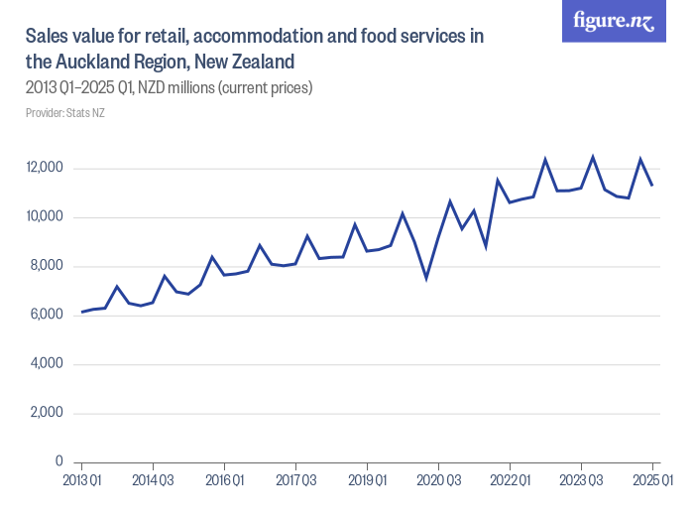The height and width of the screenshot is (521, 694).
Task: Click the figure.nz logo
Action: [614, 22]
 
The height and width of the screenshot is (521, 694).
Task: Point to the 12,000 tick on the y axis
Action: [45, 168]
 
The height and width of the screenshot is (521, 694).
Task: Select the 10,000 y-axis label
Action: [45, 217]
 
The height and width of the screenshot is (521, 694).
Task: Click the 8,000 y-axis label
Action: [47, 266]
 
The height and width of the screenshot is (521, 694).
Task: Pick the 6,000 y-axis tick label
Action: [47, 316]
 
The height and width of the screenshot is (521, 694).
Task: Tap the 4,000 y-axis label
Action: [47, 364]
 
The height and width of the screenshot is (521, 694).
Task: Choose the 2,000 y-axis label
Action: [47, 414]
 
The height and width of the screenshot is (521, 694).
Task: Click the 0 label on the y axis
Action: [58, 462]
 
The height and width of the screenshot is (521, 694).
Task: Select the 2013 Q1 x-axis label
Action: [81, 480]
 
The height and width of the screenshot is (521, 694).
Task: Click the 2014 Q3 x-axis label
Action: [153, 480]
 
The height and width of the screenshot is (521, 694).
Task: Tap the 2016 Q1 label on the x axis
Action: [224, 480]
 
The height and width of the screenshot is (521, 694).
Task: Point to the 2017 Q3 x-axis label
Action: [295, 480]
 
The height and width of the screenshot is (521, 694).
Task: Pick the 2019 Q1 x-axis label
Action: [367, 480]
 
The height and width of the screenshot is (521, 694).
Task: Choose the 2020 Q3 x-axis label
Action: [438, 480]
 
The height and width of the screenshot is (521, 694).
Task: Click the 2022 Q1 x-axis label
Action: [510, 480]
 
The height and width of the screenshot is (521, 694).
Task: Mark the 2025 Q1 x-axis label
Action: [652, 480]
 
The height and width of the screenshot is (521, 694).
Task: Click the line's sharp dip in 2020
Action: [426, 278]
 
